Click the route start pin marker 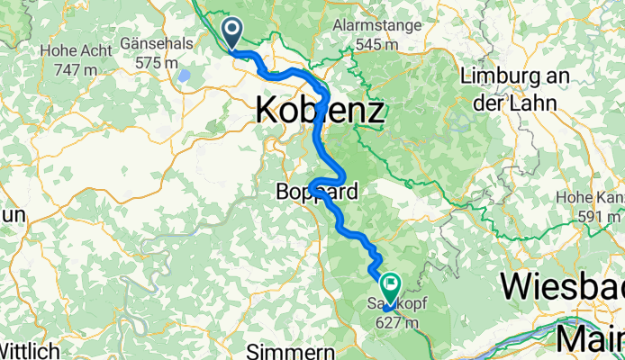(231, 33)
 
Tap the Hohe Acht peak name (68, 51)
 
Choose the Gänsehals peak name (165, 46)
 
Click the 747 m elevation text (69, 68)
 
